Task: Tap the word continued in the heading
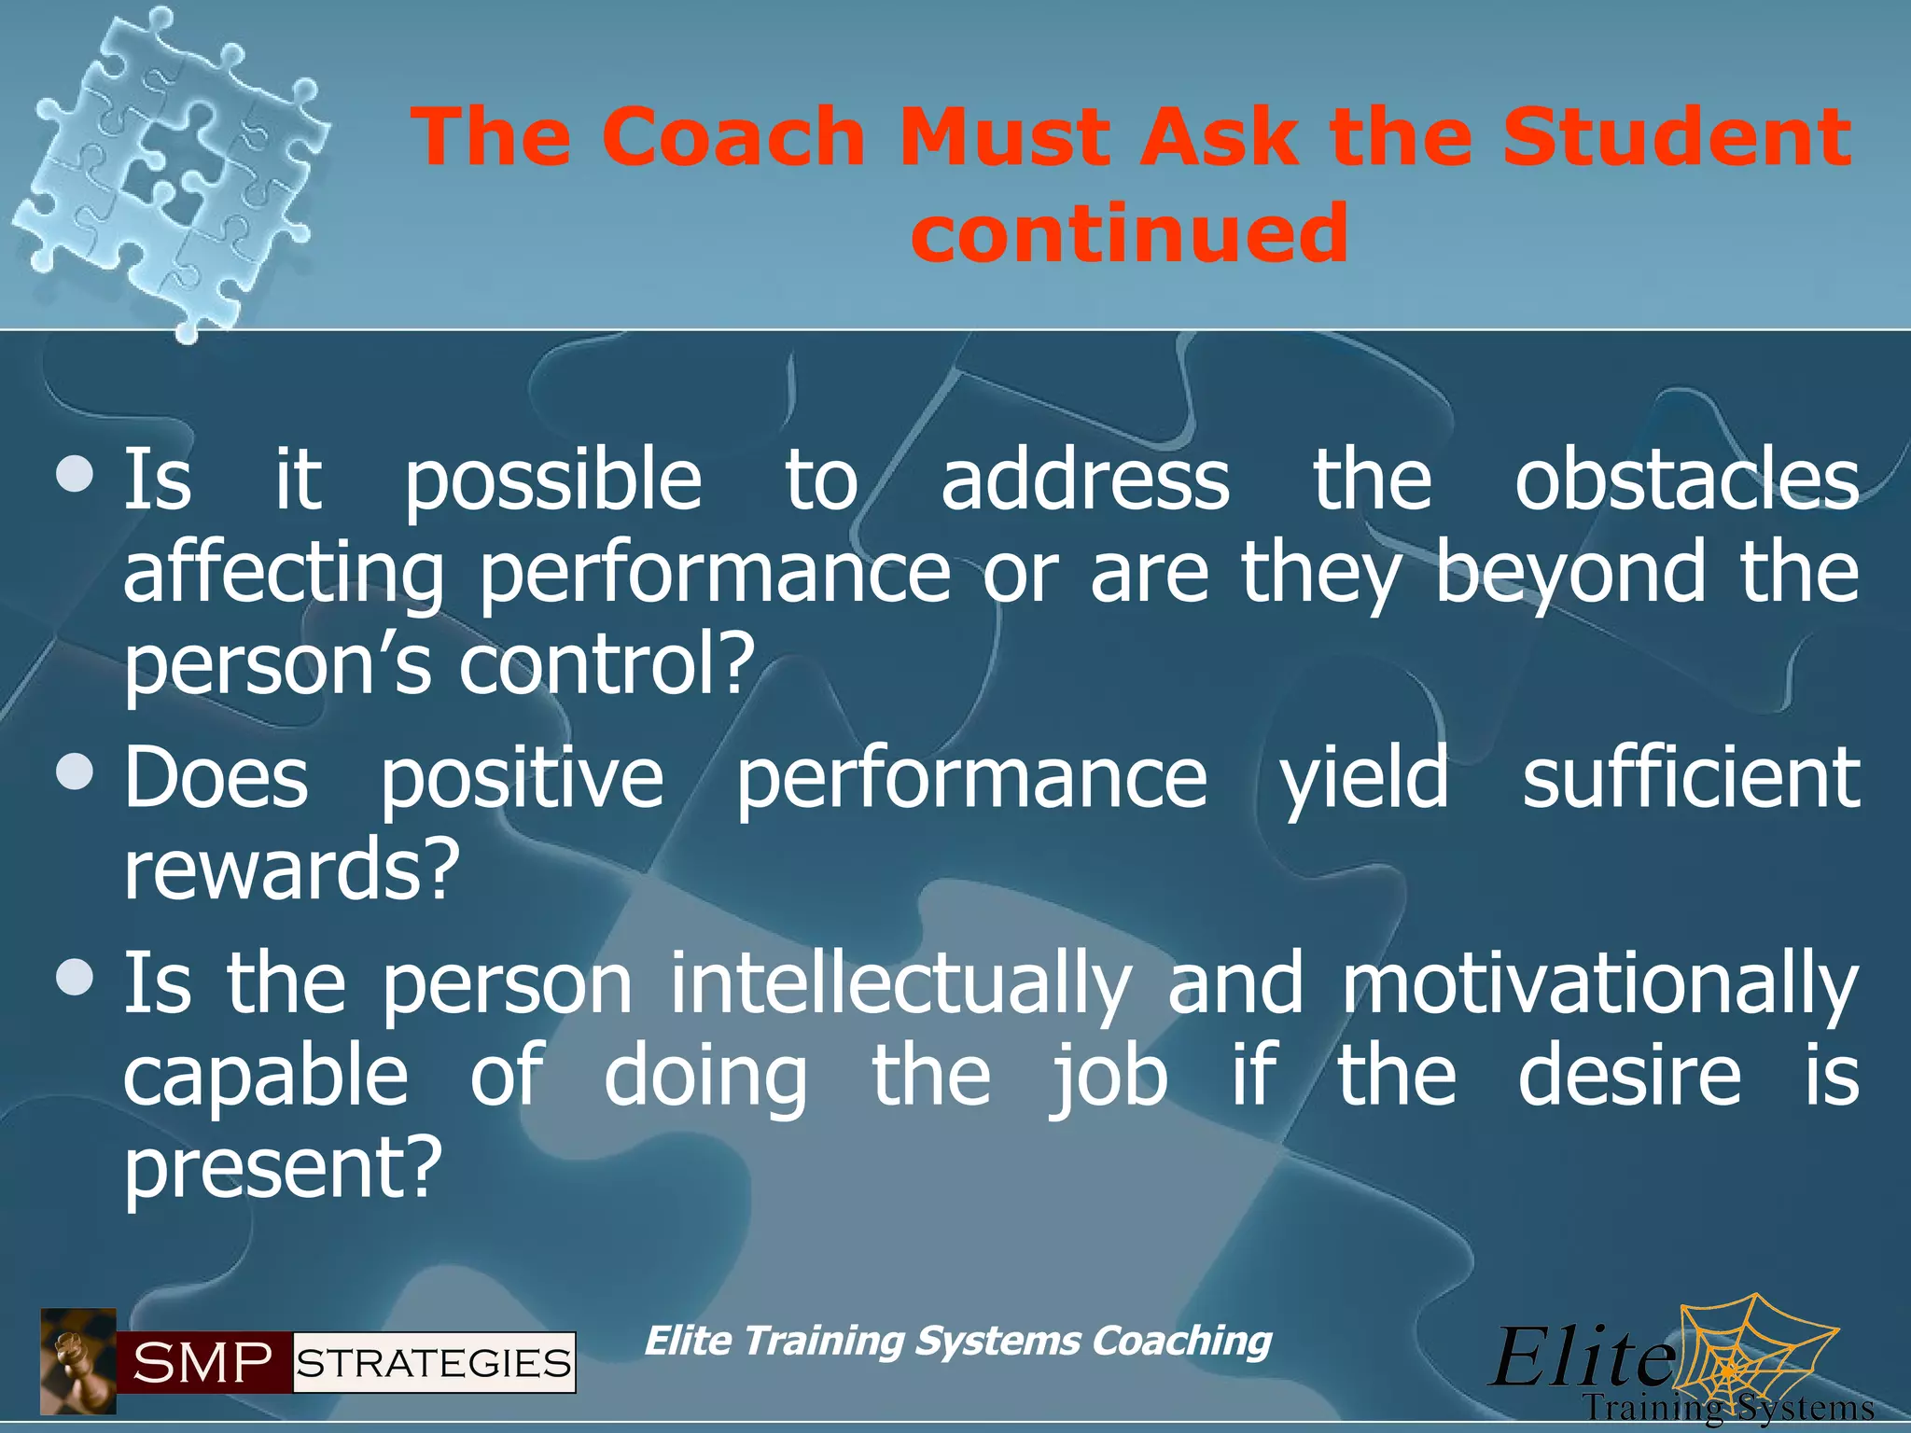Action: pos(1129,232)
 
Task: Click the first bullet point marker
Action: pos(75,475)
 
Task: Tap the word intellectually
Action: pos(900,984)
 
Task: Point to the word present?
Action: pos(281,1168)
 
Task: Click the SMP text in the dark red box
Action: pos(203,1363)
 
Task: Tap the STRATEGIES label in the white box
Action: pos(434,1363)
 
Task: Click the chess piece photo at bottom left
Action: pos(78,1361)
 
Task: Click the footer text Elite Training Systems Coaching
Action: pos(957,1341)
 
